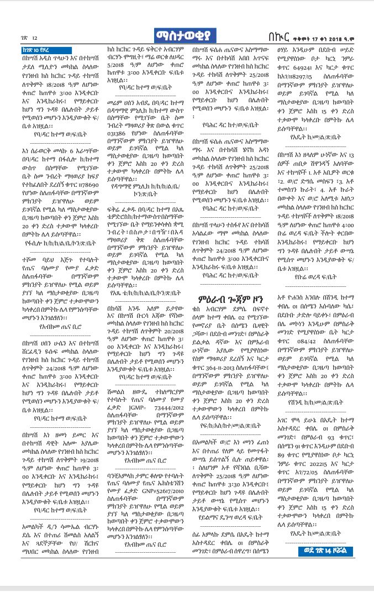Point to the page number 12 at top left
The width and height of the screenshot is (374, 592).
tap(34, 38)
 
